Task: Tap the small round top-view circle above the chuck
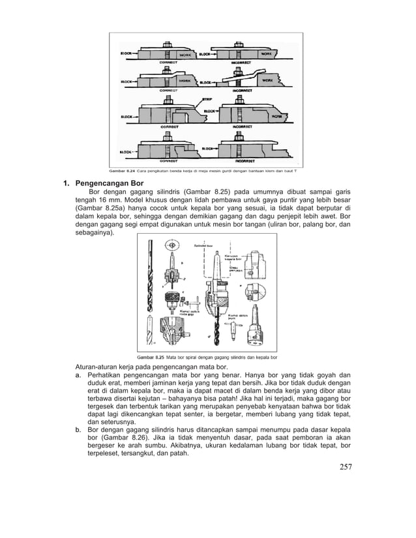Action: coord(172,246)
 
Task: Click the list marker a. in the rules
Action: coord(78,375)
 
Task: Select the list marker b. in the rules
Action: coord(78,431)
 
